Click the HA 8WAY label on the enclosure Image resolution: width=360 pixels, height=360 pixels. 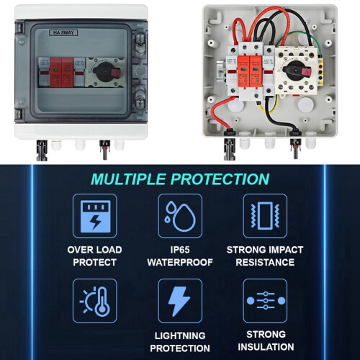tap(63, 32)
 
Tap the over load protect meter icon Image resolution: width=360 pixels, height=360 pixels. tap(95, 216)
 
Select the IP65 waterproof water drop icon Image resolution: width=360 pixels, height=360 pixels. tap(180, 216)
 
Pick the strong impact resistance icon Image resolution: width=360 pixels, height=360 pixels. tap(265, 216)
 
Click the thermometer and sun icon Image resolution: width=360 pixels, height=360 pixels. tap(95, 301)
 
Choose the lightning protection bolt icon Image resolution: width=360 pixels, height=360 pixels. tap(180, 301)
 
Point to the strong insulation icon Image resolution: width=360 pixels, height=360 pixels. tap(265, 301)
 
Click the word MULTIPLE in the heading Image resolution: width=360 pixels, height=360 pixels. tap(128, 179)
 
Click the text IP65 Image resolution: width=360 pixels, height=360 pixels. tap(180, 250)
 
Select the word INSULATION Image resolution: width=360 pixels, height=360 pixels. tap(266, 347)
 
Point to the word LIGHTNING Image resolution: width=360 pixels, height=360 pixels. tap(180, 336)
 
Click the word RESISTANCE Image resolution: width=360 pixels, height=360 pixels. tap(265, 262)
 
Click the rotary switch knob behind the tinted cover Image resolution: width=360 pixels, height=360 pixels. tap(107, 71)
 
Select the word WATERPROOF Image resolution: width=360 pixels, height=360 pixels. tap(180, 262)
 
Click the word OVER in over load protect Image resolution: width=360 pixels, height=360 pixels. tap(78, 250)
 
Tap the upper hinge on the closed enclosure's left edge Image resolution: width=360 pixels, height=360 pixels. tap(19, 27)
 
